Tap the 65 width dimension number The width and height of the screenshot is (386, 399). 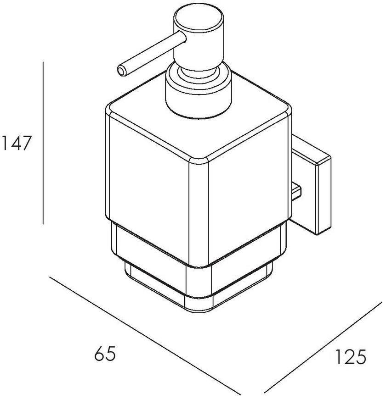105,353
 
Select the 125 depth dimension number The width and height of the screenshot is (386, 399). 350,356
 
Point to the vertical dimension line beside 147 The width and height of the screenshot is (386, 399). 43,143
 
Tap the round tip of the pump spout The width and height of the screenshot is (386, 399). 122,71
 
